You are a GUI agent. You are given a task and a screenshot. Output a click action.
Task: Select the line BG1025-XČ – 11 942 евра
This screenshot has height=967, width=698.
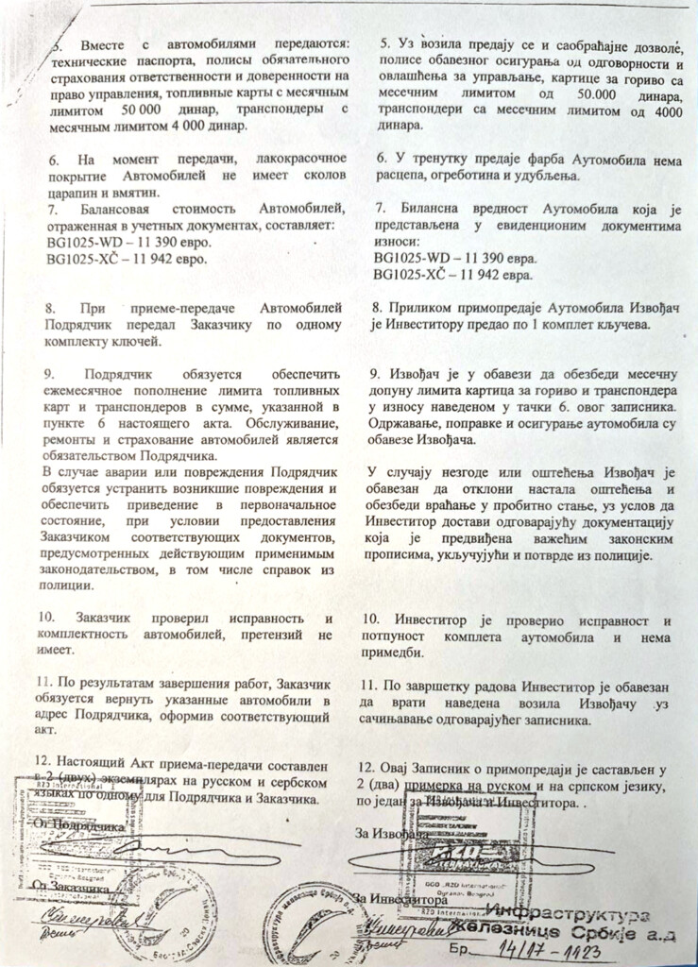click(453, 275)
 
